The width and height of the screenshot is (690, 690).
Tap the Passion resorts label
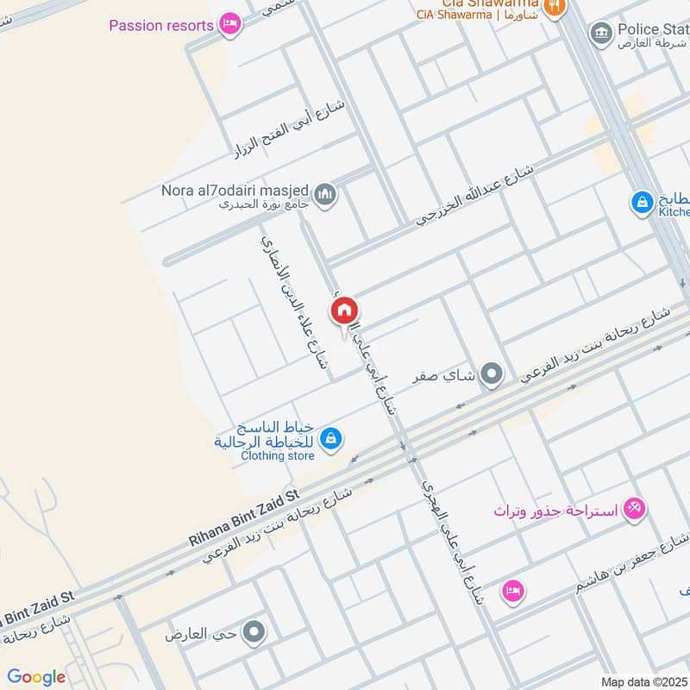161,25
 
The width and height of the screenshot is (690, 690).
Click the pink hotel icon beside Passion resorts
229,24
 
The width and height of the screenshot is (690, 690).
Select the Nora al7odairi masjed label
235,189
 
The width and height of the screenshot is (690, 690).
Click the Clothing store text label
278,455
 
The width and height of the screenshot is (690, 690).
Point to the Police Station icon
601,33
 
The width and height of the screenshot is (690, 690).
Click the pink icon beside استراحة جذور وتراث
634,510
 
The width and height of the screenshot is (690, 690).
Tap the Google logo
36,677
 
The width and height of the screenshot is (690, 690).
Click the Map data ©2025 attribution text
643,681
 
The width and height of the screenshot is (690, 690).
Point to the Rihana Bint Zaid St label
242,517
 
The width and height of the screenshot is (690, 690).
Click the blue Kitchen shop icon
642,203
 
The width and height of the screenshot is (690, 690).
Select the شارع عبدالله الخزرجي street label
476,194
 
